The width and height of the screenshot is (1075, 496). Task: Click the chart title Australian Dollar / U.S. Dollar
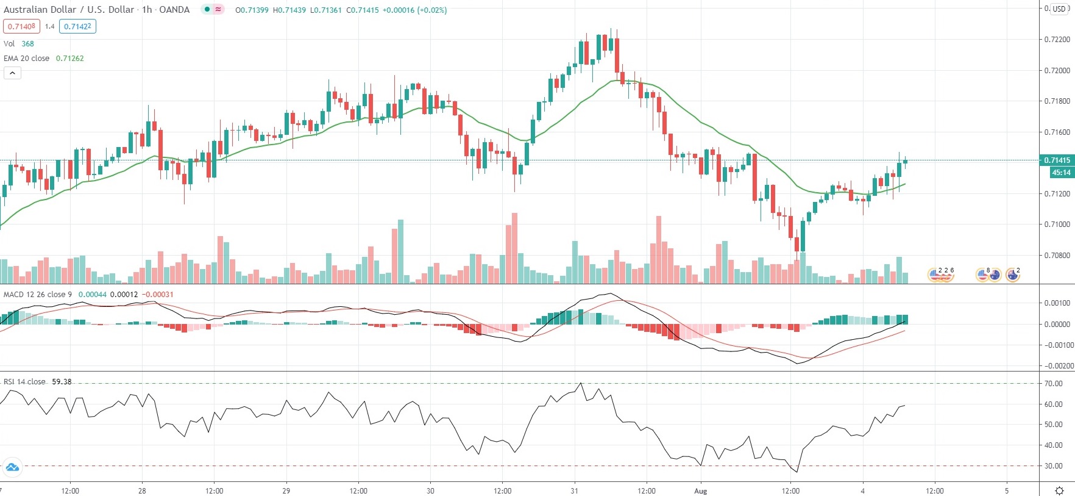(x=69, y=10)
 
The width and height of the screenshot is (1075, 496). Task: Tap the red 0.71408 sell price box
(x=21, y=26)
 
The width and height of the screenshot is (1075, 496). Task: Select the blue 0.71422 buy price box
(x=77, y=26)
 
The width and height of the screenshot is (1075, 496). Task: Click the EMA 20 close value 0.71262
(x=70, y=59)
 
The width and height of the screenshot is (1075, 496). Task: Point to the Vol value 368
(x=28, y=44)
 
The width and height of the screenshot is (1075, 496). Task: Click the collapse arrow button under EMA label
(x=13, y=73)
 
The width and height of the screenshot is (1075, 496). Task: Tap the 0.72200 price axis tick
(x=1057, y=40)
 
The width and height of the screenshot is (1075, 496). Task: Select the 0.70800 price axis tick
(x=1057, y=255)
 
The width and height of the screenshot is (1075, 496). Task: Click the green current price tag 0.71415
(x=1057, y=160)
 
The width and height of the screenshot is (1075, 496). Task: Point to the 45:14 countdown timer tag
(x=1061, y=173)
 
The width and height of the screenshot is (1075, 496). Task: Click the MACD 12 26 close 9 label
(x=38, y=295)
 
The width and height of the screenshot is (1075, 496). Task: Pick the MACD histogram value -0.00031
(x=158, y=295)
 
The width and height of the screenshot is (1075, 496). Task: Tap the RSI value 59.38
(x=62, y=382)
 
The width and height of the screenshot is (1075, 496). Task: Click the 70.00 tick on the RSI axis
(x=1054, y=384)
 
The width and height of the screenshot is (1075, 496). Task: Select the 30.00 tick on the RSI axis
(x=1054, y=466)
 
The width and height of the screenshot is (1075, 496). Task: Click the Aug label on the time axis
(x=701, y=491)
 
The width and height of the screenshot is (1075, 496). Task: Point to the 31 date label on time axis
(x=574, y=491)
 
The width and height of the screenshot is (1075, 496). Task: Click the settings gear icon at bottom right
(x=1060, y=491)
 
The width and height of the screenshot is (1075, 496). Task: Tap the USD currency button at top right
(x=1059, y=9)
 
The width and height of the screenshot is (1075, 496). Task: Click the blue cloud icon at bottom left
(x=12, y=468)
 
